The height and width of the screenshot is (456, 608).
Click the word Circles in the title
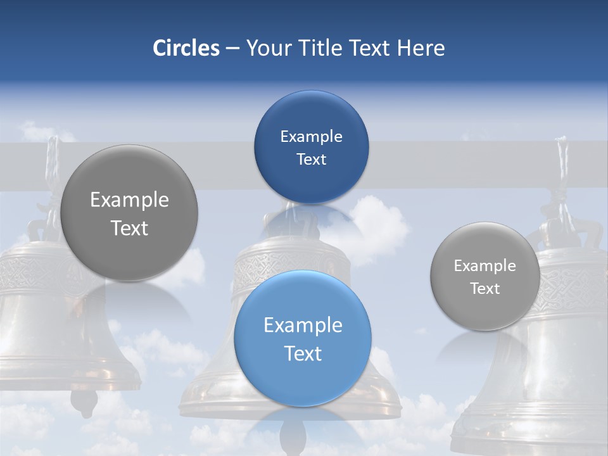(186, 48)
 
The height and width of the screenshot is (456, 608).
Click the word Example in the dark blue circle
(311, 136)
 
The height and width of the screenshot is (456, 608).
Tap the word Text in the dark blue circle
(311, 159)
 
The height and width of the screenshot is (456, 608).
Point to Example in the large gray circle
(129, 199)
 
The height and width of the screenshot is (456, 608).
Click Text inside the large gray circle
(129, 228)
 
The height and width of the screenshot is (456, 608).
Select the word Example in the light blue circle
(303, 325)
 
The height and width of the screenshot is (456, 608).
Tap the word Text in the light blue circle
(303, 353)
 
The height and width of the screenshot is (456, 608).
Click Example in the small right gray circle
(484, 265)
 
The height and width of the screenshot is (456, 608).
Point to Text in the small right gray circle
(484, 288)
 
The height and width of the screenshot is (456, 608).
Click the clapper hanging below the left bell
(84, 400)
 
